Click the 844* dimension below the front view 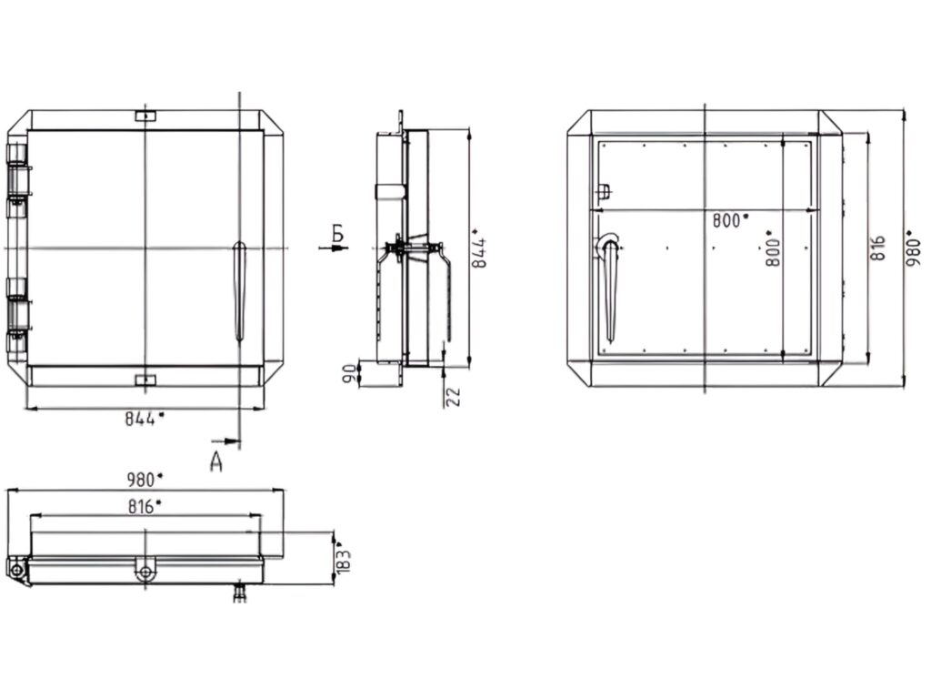tap(145, 419)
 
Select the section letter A tap(216, 461)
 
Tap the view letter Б tap(337, 234)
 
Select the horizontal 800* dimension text tap(731, 219)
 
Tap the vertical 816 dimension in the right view tap(877, 248)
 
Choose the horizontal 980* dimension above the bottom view tap(145, 479)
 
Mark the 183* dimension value tap(344, 558)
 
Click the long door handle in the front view tap(240, 291)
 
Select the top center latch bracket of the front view tap(145, 116)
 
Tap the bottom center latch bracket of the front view tap(145, 379)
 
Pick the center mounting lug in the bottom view tap(145, 572)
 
